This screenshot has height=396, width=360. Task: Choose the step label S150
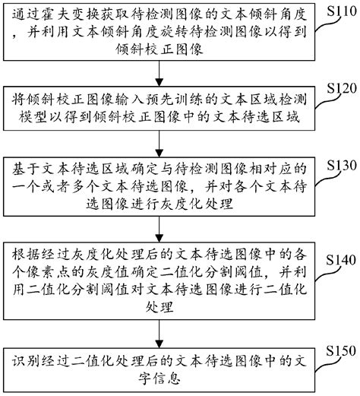point(336,350)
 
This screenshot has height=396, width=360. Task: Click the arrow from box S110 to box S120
point(159,74)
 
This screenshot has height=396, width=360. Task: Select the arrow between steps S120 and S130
point(159,144)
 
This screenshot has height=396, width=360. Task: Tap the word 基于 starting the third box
point(21,167)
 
